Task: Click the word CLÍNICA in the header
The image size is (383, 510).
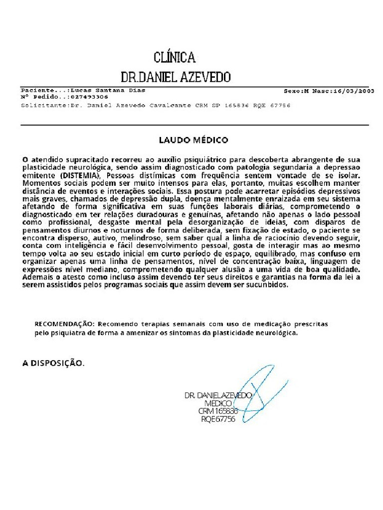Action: point(174,57)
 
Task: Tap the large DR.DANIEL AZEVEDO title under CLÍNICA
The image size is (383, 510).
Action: point(176,77)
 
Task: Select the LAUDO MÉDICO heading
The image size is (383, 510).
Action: point(193,140)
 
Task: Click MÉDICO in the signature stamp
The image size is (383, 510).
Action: point(219,403)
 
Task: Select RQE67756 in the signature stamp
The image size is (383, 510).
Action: point(217,419)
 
